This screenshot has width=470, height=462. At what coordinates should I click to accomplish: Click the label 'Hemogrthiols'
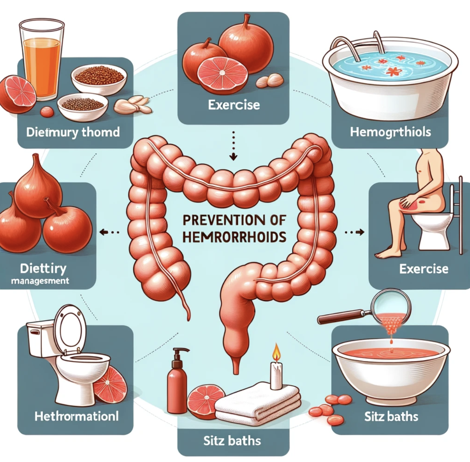coord(390,132)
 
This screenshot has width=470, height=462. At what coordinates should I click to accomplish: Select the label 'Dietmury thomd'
coord(73,132)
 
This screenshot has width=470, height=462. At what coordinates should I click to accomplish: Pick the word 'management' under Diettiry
coord(40,281)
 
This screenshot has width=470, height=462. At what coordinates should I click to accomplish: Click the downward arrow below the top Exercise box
coord(233,156)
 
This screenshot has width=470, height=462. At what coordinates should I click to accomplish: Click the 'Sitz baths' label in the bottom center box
coord(232,440)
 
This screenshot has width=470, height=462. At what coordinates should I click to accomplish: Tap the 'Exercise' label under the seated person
coord(424,269)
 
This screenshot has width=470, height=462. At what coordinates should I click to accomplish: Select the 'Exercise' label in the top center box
coord(234,105)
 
